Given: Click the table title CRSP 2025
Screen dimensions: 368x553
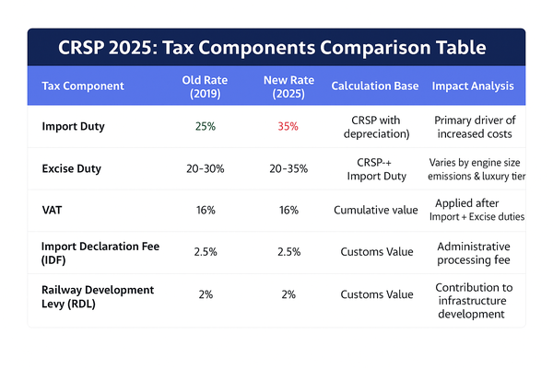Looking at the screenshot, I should tap(276, 46).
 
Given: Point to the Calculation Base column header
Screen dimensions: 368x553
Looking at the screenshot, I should tap(375, 86).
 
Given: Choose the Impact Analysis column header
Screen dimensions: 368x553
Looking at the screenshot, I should tap(473, 86).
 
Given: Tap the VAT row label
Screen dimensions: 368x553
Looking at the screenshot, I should tap(53, 210).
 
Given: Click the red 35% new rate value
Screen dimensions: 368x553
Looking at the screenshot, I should tap(287, 126).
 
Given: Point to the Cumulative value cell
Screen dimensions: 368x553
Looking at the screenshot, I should tap(375, 210).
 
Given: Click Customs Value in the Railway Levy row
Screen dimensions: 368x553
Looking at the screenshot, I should tap(375, 294).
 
